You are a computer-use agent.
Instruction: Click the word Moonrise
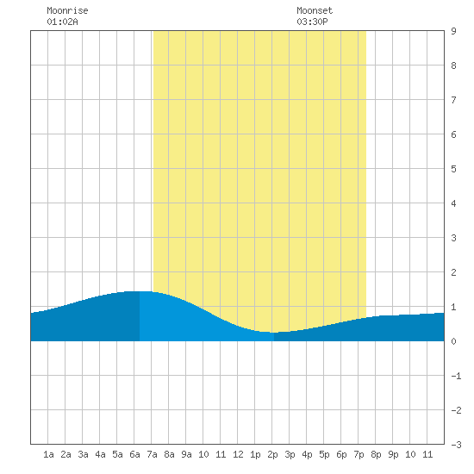67,10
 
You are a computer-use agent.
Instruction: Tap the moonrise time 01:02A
62,22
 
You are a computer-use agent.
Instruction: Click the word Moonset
315,10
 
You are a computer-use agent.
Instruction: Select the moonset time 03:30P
312,22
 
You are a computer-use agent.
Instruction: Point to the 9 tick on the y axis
453,31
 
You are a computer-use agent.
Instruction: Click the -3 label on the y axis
456,445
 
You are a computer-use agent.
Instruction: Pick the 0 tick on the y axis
453,341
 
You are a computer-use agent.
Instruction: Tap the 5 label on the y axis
453,169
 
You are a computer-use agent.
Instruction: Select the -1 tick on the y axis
456,376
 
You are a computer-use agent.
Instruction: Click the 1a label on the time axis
48,454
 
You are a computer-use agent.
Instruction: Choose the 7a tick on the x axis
152,454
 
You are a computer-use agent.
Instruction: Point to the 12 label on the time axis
238,454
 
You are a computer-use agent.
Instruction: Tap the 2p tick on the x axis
272,454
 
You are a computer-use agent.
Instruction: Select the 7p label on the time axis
359,454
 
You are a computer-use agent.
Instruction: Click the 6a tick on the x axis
134,454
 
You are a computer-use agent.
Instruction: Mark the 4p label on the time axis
307,454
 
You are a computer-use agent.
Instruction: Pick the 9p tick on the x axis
393,454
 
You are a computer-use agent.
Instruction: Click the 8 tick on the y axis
453,65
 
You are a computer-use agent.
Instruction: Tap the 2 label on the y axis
453,272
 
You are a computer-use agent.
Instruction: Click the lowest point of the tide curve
273,333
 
